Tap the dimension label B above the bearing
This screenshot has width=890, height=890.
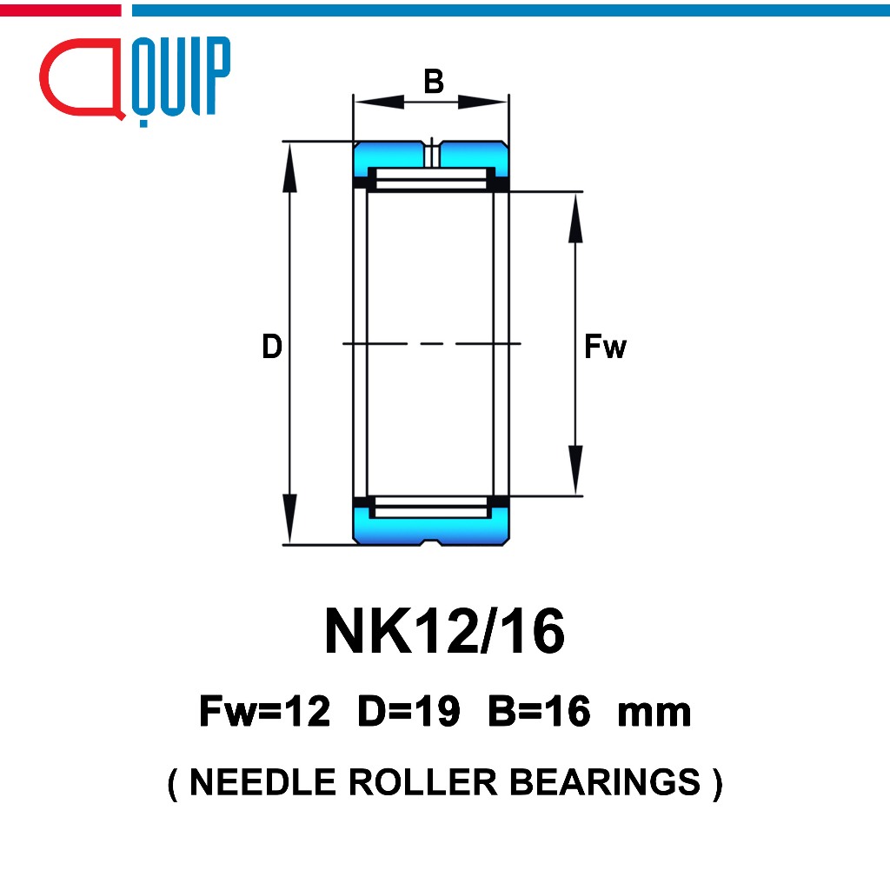pyautogui.click(x=434, y=81)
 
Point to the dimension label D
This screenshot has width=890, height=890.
pyautogui.click(x=272, y=346)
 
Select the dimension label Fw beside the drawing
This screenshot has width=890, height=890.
pyautogui.click(x=605, y=346)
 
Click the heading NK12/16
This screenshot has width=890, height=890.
pyautogui.click(x=444, y=631)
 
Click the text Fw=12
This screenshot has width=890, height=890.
pyautogui.click(x=264, y=711)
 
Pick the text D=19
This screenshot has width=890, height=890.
pyautogui.click(x=408, y=711)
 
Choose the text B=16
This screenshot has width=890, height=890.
pyautogui.click(x=539, y=711)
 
